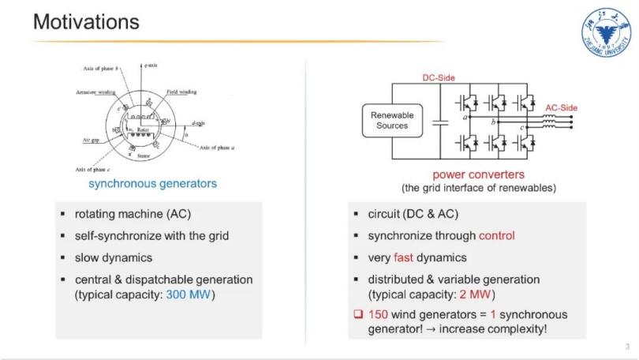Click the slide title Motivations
click(x=86, y=22)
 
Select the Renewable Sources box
click(x=392, y=120)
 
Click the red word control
click(x=496, y=235)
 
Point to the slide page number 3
click(x=626, y=346)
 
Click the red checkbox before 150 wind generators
click(x=357, y=315)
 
